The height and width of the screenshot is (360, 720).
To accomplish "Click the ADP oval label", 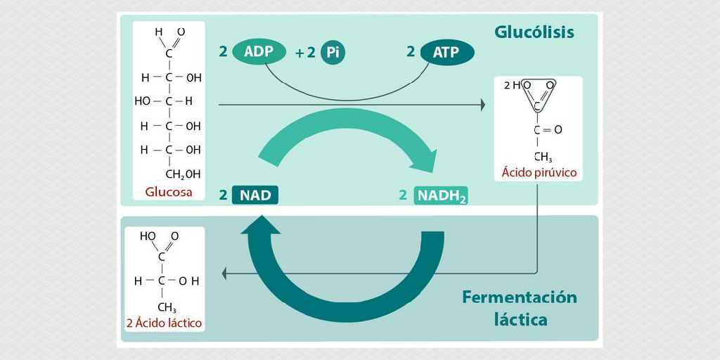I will (x=259, y=51).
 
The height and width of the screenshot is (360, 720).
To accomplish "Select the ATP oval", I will (x=447, y=52).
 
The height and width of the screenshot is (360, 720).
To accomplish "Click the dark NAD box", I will (x=255, y=195).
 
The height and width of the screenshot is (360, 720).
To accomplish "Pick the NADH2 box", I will (x=442, y=195).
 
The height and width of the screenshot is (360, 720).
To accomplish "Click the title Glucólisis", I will (x=534, y=32).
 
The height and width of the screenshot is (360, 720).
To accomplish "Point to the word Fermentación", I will (x=519, y=297).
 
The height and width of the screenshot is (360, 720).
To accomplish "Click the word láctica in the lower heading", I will (x=520, y=319).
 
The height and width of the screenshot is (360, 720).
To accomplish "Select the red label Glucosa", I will (x=169, y=191).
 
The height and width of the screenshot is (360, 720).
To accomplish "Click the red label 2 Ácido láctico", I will (x=165, y=323).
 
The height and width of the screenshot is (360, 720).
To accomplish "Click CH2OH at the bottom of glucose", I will (x=182, y=173).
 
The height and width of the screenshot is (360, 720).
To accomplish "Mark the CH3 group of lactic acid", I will (x=167, y=307).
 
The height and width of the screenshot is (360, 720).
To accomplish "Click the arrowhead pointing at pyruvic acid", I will (x=482, y=105).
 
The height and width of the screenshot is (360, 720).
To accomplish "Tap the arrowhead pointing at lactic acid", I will (x=224, y=273).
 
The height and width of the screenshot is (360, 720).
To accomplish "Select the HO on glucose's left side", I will (x=142, y=101).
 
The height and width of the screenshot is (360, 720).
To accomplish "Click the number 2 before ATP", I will (x=411, y=51).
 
